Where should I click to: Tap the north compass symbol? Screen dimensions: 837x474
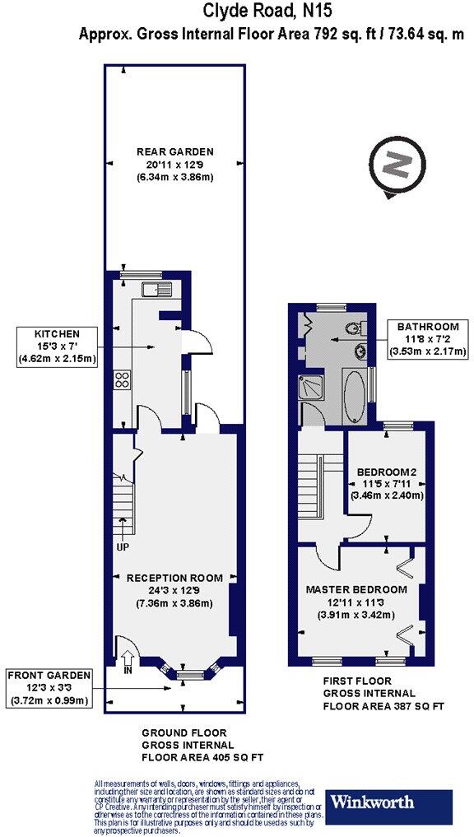pos(397,165)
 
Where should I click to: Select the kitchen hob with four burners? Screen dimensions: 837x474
pos(123,379)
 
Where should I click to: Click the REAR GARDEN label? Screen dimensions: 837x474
pos(174,151)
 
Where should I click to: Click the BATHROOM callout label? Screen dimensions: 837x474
pos(428,324)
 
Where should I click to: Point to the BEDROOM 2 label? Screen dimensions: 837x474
pos(387,472)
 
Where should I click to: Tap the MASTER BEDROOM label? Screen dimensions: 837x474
pos(356,589)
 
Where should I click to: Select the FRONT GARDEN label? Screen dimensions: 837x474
pos(47,675)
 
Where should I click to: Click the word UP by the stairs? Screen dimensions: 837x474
pos(122,547)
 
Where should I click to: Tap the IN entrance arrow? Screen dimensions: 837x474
pos(127,660)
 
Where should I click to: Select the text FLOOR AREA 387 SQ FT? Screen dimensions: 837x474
pos(383,706)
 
